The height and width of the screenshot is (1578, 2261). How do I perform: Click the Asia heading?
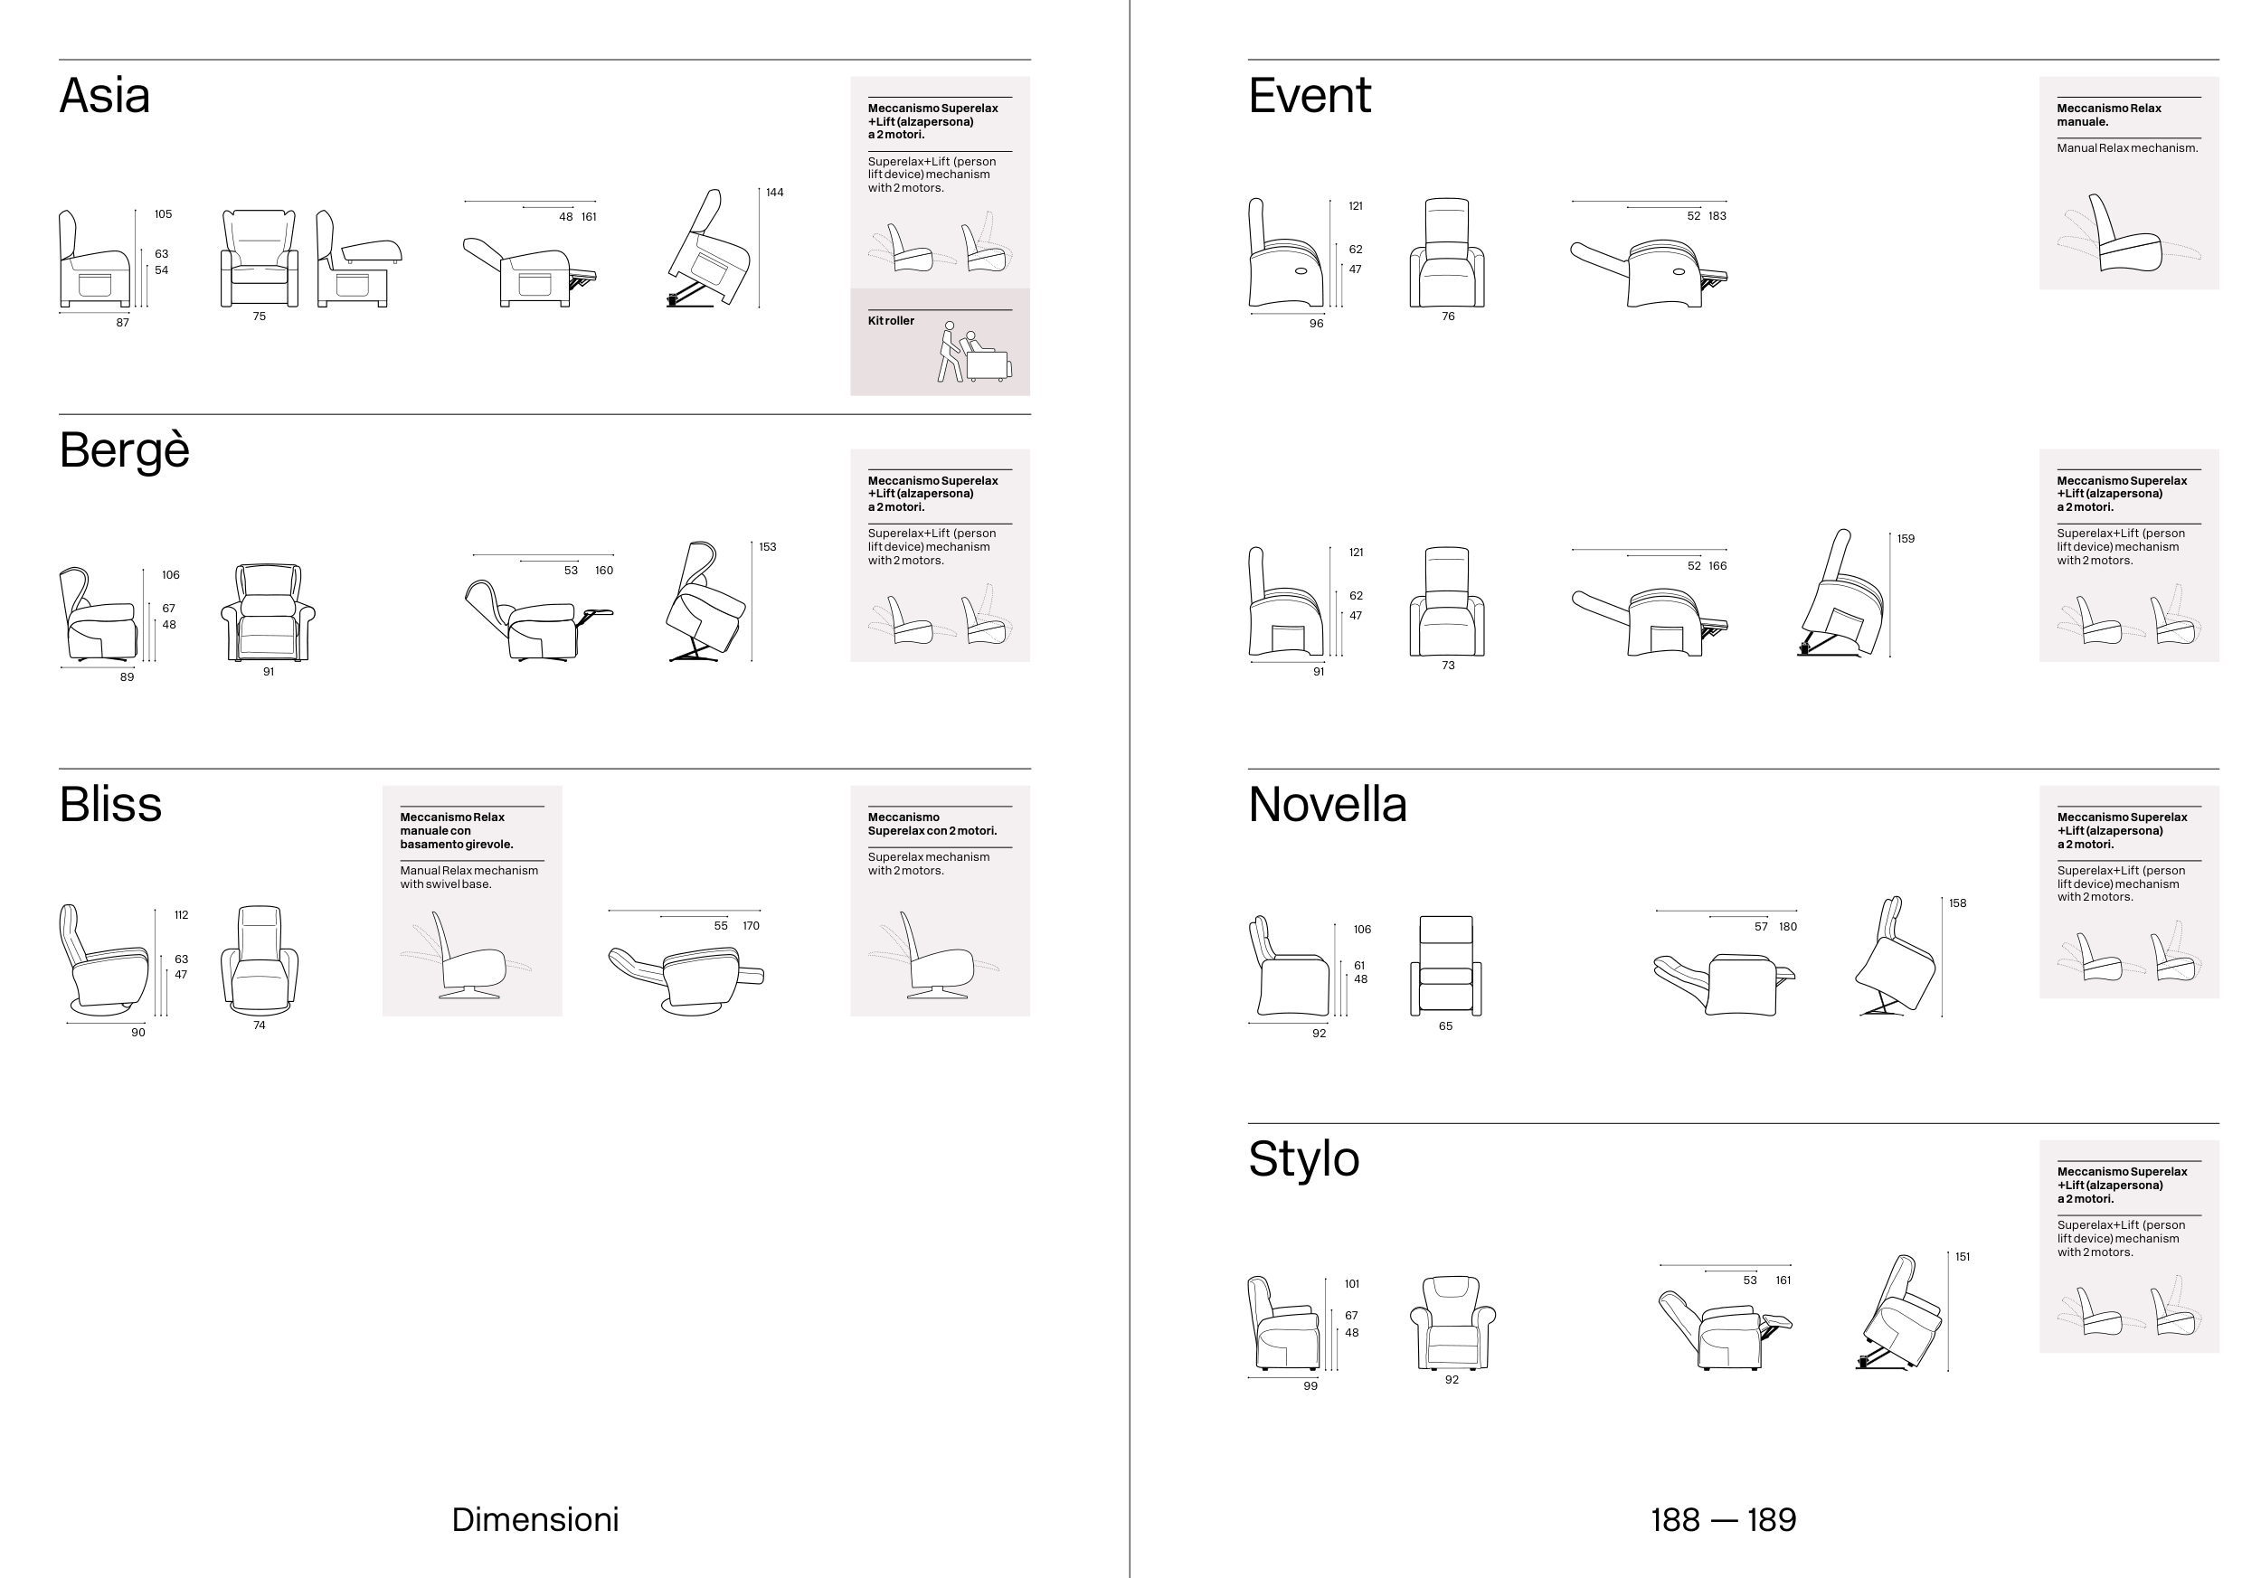(x=104, y=96)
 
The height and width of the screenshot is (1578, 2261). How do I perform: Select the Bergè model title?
(x=124, y=452)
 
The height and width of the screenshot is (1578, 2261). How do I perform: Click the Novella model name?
(x=1328, y=804)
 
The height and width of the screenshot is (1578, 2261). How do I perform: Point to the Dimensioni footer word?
(x=535, y=1519)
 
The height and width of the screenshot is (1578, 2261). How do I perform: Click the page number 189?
(x=1772, y=1519)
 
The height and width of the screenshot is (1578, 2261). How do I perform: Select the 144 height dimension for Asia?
(x=775, y=192)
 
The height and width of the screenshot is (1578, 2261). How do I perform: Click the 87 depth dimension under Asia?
(x=122, y=322)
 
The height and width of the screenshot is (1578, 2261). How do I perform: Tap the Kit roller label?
(x=890, y=321)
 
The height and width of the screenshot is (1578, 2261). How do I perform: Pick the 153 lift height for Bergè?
(x=767, y=546)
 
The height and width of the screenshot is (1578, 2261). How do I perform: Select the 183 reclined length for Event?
(x=1717, y=215)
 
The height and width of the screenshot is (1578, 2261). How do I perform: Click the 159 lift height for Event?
(x=1906, y=538)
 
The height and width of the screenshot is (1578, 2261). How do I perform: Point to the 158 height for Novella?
(x=1957, y=902)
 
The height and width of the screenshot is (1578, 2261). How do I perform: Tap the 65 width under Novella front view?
(x=1444, y=1025)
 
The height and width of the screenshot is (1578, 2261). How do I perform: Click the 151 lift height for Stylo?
(x=1962, y=1257)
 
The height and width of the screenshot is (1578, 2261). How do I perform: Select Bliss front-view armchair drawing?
(x=259, y=959)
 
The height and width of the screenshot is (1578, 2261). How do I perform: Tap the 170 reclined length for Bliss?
(x=751, y=925)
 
